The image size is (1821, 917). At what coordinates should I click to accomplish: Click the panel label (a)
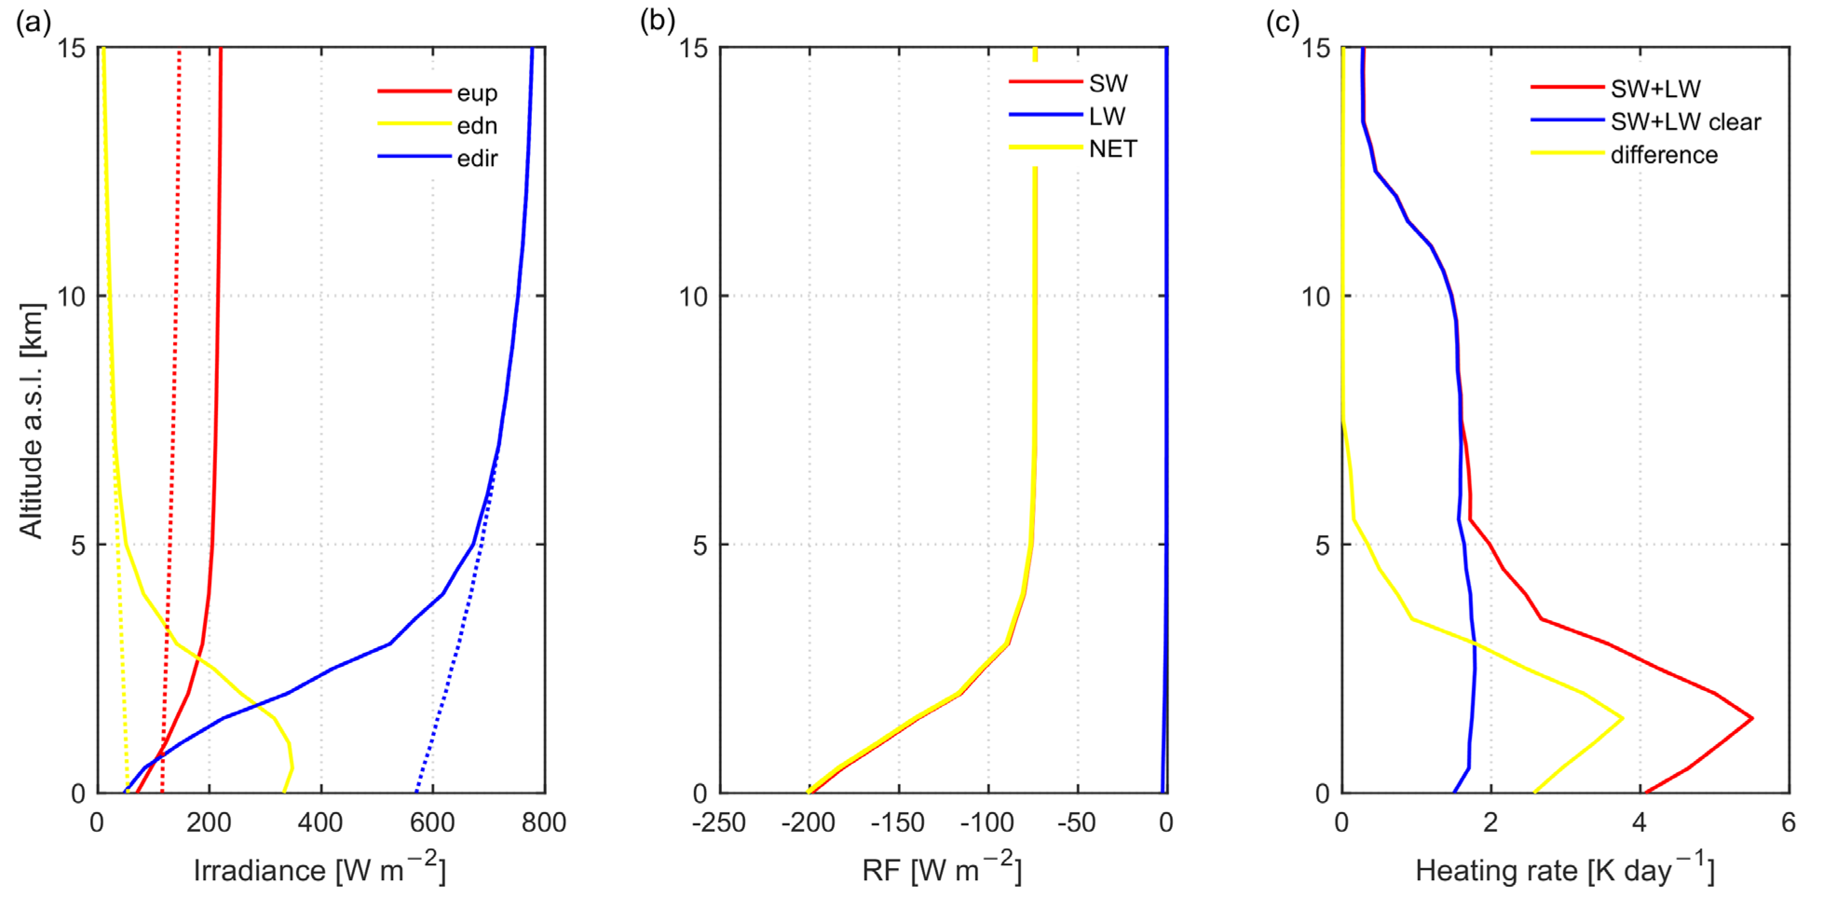coord(33,23)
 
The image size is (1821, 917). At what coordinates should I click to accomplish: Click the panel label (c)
coord(1282,23)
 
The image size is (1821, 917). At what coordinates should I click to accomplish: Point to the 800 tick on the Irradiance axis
coord(543,822)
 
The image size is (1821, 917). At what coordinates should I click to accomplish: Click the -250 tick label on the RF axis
coord(719,822)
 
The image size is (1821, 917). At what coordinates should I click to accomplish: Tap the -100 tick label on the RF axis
coord(987,822)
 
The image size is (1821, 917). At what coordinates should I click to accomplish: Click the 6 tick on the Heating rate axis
coord(1788,822)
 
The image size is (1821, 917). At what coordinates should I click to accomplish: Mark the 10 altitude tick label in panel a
coord(71,296)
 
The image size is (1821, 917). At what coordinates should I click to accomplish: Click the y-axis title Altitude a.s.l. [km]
coord(32,421)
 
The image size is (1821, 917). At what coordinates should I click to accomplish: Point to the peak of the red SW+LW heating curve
coord(1752,719)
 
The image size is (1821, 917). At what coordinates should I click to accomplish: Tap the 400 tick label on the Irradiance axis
coord(320,822)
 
